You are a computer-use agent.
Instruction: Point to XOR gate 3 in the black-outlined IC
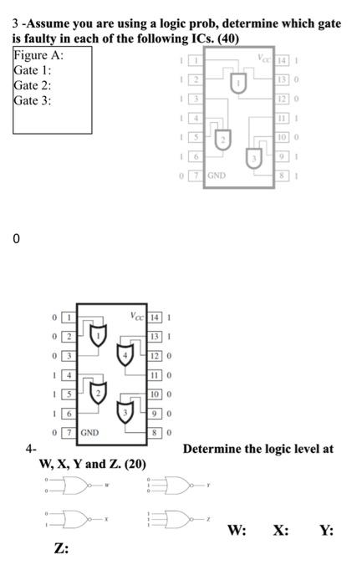click(x=126, y=412)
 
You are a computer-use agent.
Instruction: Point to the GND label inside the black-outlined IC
click(x=90, y=433)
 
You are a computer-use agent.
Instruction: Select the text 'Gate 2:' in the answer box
click(x=33, y=85)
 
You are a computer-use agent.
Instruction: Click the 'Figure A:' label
click(x=38, y=55)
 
